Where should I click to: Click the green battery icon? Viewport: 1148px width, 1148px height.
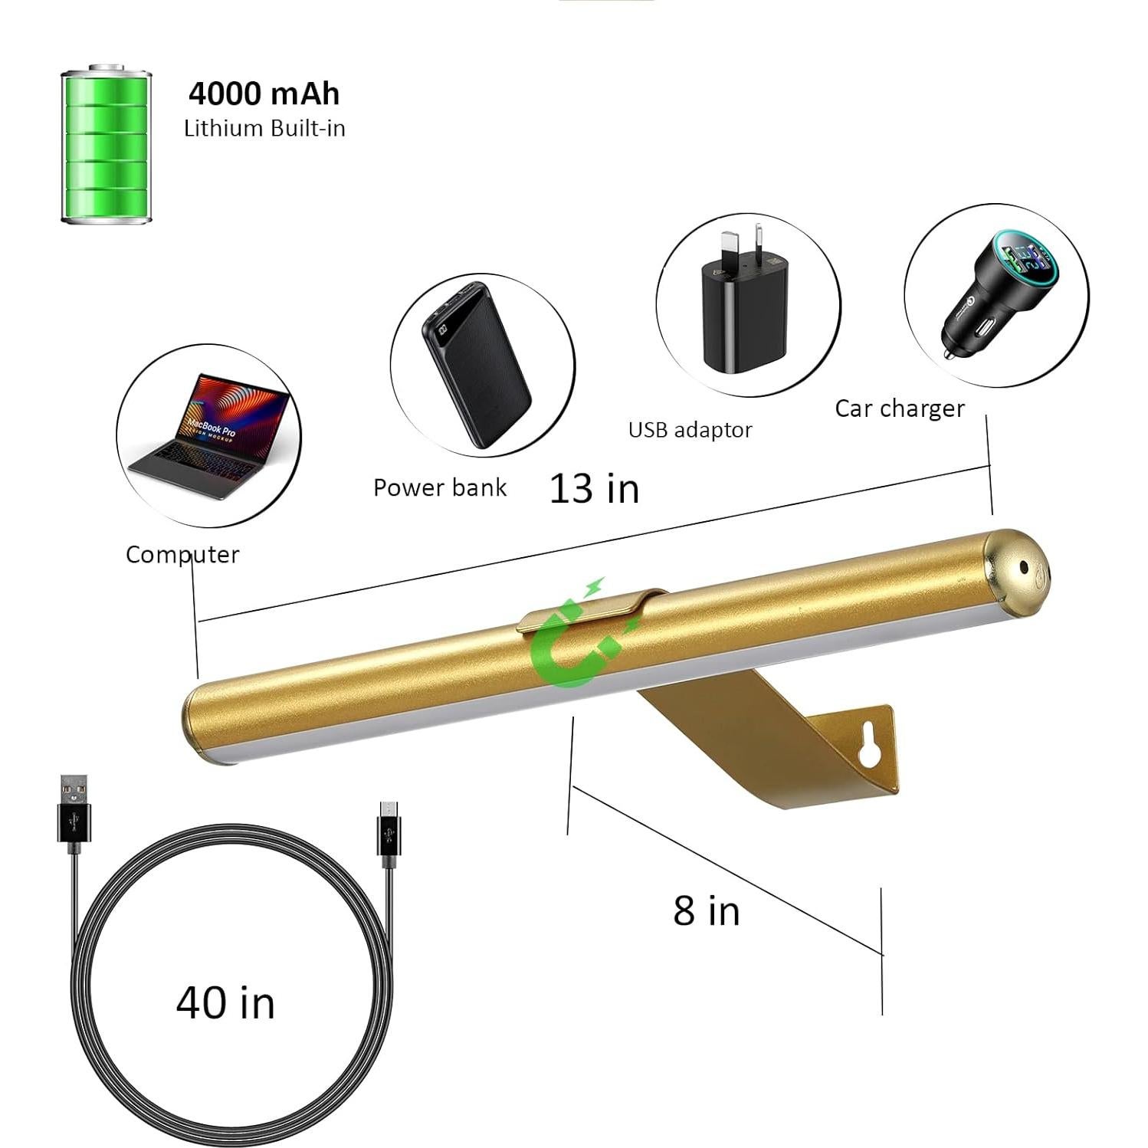point(107,145)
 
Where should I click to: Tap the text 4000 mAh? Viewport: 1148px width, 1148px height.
point(264,93)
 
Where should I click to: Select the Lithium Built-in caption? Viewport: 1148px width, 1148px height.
point(264,128)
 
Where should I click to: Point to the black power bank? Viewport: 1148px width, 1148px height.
point(476,364)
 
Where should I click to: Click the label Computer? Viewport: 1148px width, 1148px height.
point(182,554)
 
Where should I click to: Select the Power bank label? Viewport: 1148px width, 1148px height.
point(440,487)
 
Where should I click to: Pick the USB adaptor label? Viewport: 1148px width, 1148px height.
point(690,430)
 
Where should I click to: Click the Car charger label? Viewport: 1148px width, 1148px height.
point(899,408)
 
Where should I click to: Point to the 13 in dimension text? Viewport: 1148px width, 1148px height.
point(595,488)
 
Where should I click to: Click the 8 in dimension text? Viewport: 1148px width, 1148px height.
point(707,910)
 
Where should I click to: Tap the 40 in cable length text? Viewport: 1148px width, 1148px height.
point(225,1002)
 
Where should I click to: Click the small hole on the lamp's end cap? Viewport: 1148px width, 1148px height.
point(1023,568)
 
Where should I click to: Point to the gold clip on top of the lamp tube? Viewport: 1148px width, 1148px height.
point(590,610)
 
